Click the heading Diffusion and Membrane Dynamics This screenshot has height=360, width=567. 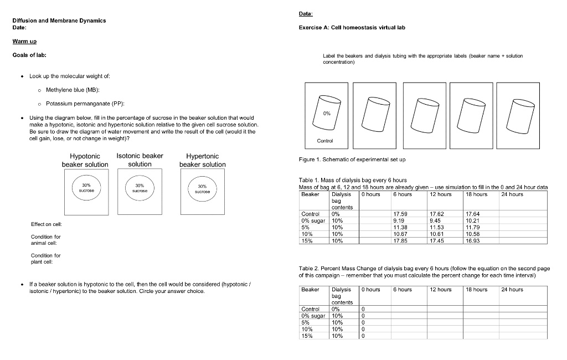(59, 20)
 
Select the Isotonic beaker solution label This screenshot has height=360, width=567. (140, 160)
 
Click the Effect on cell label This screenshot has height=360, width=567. (46, 224)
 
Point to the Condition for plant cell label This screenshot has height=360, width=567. (45, 259)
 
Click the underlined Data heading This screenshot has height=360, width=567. (306, 13)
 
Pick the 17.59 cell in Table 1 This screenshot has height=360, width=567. (400, 214)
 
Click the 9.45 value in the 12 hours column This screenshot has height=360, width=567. (436, 220)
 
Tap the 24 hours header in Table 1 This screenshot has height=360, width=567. (512, 194)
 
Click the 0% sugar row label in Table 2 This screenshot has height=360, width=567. (313, 316)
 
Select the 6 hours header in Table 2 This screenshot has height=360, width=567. (403, 290)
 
